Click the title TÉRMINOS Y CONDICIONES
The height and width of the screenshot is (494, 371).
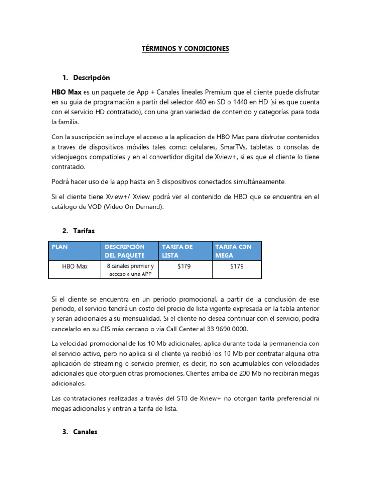[185, 48]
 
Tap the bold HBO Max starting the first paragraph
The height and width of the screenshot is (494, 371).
[67, 91]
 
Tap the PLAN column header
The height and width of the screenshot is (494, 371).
[60, 247]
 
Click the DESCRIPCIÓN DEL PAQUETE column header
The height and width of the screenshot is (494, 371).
[125, 250]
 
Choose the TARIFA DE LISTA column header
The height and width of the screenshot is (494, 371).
[177, 250]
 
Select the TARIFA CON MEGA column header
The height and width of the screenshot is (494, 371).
[233, 250]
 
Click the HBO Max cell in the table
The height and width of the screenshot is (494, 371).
[75, 266]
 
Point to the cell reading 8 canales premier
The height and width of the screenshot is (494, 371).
[130, 266]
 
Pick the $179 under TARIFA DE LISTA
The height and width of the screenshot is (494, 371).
[184, 266]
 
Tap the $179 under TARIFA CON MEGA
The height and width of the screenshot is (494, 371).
[237, 266]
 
